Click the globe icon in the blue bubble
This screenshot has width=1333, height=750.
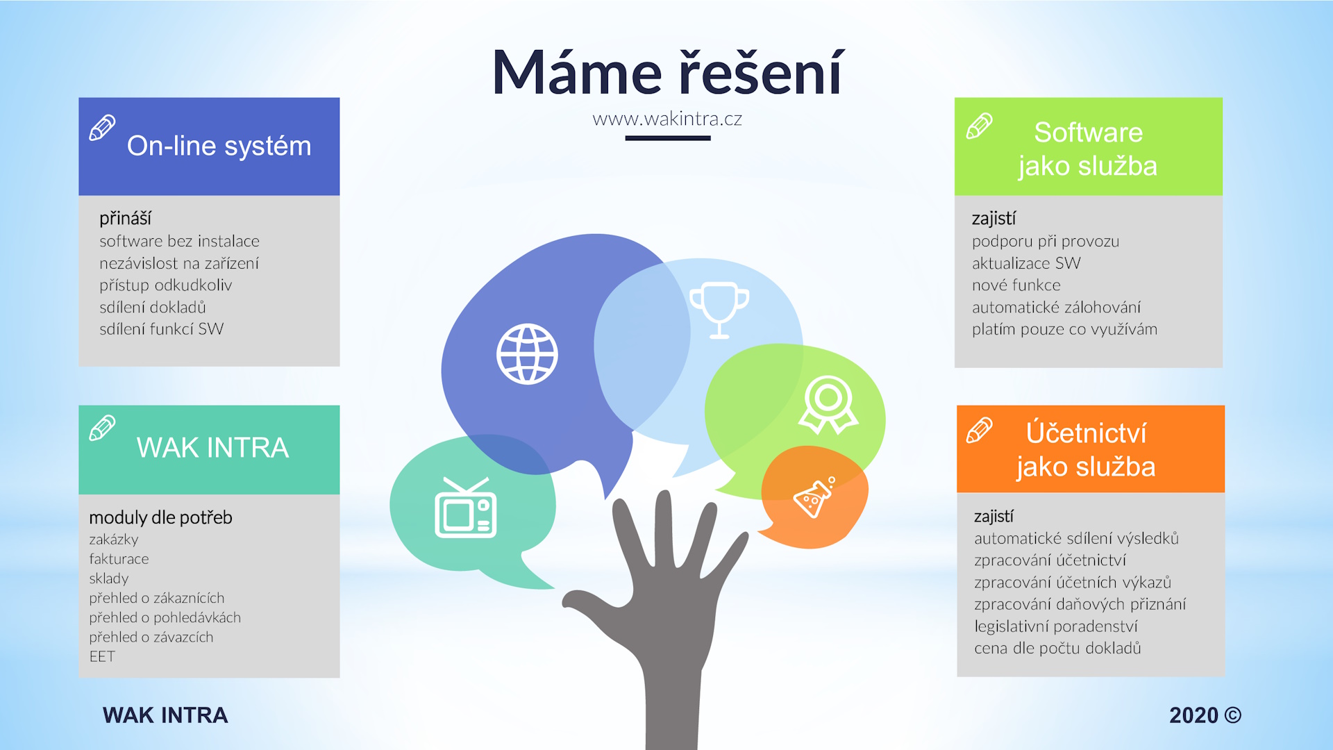click(x=527, y=354)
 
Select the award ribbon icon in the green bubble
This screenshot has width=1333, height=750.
click(x=828, y=405)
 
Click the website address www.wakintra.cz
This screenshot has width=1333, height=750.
click(x=667, y=119)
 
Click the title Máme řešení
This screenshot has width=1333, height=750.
click(x=667, y=72)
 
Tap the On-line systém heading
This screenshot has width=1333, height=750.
click(x=219, y=147)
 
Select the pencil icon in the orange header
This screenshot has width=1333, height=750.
click(x=979, y=431)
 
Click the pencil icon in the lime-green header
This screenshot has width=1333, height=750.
click(x=979, y=126)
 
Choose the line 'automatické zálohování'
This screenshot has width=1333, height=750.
click(x=1056, y=307)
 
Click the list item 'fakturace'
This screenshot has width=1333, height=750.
click(x=119, y=559)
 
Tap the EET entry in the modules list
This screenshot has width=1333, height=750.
click(x=102, y=656)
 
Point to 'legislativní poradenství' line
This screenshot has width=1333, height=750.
click(x=1056, y=626)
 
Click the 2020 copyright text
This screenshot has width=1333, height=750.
click(x=1205, y=715)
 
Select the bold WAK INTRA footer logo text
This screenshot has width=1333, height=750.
click(x=165, y=715)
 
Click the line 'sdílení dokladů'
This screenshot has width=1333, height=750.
click(x=153, y=307)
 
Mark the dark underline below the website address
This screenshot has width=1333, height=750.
click(x=668, y=138)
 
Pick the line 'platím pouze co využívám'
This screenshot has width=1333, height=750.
click(x=1064, y=329)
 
